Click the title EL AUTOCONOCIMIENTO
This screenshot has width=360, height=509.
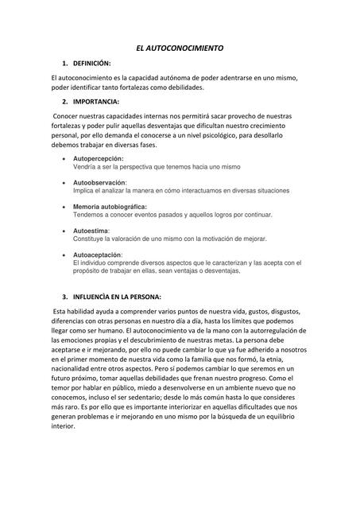180,49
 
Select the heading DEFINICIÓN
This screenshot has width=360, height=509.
92,63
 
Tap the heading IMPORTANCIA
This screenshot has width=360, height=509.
96,103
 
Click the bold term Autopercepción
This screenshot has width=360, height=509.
99,160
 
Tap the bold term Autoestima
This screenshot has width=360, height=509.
91,231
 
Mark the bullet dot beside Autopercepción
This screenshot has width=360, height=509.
64,160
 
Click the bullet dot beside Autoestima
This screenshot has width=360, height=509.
64,231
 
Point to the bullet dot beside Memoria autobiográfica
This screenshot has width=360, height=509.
64,207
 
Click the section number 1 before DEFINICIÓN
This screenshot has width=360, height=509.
63,63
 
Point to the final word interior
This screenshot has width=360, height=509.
63,425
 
